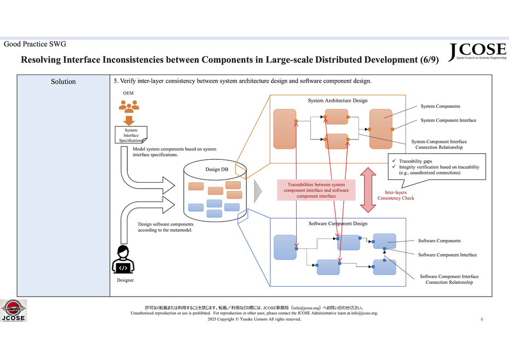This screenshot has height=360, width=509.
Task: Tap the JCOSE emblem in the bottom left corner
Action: coord(13,310)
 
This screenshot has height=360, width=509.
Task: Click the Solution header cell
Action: coord(63,82)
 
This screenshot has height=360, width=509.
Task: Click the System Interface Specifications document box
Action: coord(131,135)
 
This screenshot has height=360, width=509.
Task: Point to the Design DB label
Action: coord(217,169)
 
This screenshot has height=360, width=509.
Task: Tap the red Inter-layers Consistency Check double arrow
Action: coord(368,190)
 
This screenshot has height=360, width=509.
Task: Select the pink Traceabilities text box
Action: coord(316,190)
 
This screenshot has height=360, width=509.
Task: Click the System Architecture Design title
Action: coord(338,101)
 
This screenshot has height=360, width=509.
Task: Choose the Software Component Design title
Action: coord(338,223)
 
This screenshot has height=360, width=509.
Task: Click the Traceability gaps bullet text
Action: coord(415,161)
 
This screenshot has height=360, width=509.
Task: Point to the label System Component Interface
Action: coord(448,120)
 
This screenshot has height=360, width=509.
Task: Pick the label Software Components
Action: coord(439,241)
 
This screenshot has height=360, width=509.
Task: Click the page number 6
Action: coord(482,319)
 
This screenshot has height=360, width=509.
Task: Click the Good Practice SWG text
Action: coord(35,44)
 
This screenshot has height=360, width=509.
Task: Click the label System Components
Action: coord(440,106)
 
